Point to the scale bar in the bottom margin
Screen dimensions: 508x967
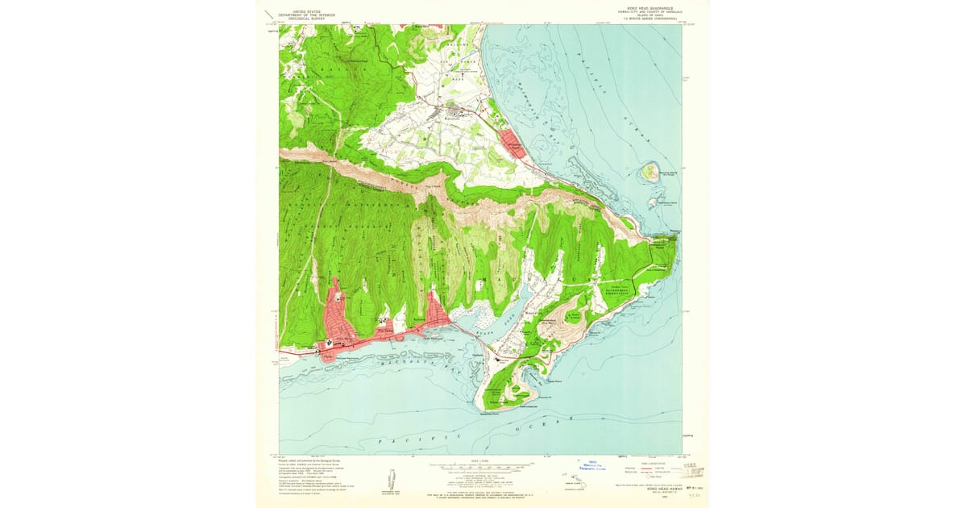click(482, 465)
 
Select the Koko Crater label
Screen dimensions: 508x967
click(575, 316)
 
